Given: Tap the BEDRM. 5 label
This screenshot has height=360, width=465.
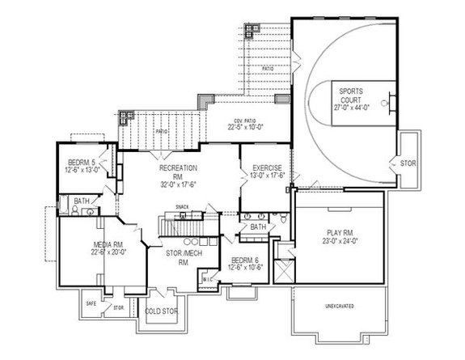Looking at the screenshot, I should [81, 163].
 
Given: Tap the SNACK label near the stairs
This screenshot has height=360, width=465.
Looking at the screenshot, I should [184, 206].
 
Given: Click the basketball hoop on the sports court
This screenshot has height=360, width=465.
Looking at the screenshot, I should [391, 102].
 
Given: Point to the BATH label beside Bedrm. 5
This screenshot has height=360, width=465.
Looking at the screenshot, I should [82, 201].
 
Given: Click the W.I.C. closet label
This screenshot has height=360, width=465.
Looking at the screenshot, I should [207, 280].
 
